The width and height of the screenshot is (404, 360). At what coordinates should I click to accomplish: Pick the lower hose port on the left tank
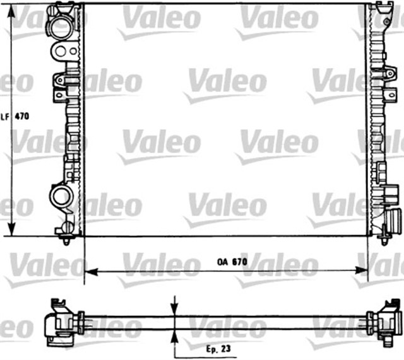click(x=62, y=195)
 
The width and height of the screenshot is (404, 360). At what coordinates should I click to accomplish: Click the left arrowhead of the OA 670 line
click(x=89, y=272)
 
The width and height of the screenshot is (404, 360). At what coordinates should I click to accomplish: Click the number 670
click(x=237, y=262)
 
